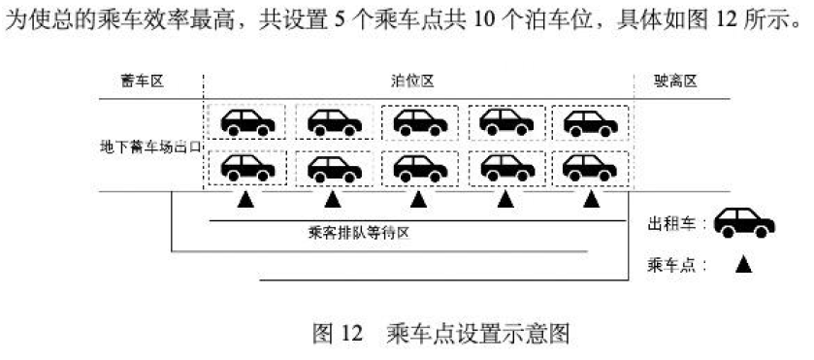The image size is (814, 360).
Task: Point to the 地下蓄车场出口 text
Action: tap(150, 147)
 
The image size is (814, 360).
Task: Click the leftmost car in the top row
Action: tap(247, 121)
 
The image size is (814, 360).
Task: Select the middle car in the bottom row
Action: tap(418, 166)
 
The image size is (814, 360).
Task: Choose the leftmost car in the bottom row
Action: tap(247, 166)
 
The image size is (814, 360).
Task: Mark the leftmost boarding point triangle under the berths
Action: tap(246, 200)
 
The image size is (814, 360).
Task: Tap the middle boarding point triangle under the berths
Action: tap(418, 200)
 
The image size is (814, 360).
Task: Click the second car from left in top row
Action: tap(334, 121)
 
